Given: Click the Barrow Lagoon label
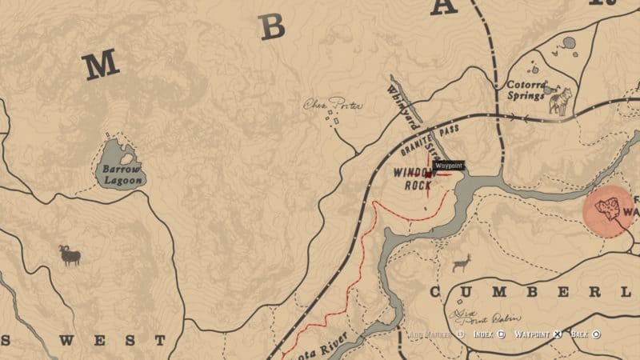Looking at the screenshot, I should (x=122, y=175).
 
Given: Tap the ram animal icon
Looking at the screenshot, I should (x=70, y=255).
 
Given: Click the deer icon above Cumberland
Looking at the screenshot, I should (x=462, y=262).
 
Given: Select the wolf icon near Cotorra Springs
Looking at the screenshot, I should (x=558, y=101).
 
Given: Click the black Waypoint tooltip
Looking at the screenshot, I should (x=449, y=166).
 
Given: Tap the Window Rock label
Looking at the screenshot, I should (x=414, y=178).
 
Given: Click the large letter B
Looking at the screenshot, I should (x=273, y=28).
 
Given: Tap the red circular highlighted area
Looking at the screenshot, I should (x=610, y=210).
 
